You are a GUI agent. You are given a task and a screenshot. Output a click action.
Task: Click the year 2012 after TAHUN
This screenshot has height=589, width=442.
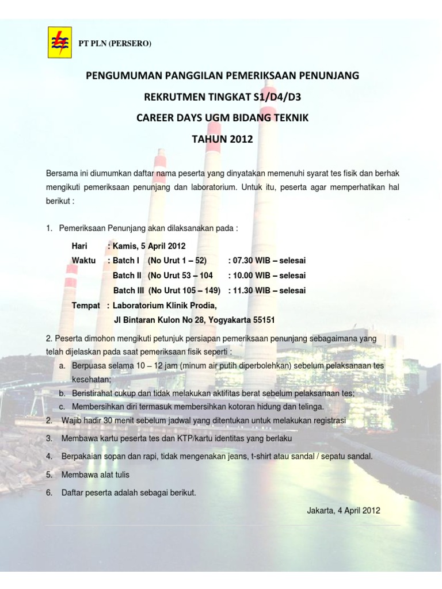click(x=241, y=139)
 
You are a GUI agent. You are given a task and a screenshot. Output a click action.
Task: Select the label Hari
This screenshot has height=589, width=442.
click(x=79, y=246)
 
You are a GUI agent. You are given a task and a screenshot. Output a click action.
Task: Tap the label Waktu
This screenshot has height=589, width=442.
click(x=83, y=261)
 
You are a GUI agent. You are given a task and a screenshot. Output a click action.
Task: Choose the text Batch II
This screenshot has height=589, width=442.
click(x=127, y=275)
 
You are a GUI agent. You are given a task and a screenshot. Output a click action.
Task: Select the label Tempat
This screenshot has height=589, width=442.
click(x=86, y=305)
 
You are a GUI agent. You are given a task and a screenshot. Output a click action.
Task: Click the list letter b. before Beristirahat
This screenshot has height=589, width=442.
click(x=62, y=393)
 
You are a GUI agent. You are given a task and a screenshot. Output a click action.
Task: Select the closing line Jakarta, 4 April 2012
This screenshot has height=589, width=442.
click(x=344, y=510)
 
